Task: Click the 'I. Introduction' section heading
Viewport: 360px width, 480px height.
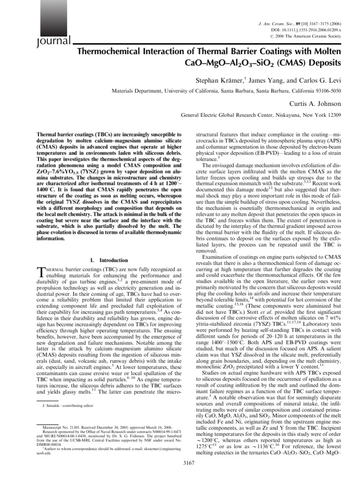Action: pyautogui.click(x=108, y=260)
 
